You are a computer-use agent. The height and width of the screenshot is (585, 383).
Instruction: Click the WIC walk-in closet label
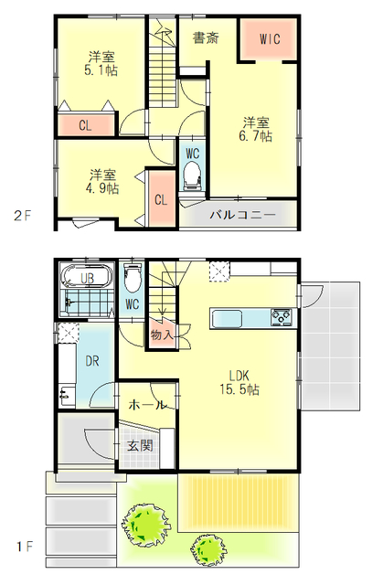pos(270,38)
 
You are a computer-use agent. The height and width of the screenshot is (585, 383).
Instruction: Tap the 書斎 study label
pos(206,37)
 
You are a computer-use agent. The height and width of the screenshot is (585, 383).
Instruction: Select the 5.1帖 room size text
pos(101,70)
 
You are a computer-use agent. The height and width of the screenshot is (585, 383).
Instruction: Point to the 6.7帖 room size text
pos(255,136)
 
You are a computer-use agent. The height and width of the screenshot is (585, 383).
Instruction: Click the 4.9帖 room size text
pos(102,188)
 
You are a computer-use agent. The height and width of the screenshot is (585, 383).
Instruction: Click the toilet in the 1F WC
pos(133,277)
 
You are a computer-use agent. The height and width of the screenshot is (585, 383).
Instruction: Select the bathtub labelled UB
pos(87,276)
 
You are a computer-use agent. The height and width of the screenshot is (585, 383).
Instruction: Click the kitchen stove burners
pos(282,317)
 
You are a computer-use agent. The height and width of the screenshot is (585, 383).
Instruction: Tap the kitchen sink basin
pos(227,319)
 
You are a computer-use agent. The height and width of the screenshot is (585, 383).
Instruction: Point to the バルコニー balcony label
pos(242,215)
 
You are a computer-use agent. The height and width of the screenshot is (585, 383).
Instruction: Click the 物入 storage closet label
pos(162,335)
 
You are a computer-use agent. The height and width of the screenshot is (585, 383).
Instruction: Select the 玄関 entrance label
pos(140,445)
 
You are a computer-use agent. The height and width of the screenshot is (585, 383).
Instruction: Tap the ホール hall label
pos(146,404)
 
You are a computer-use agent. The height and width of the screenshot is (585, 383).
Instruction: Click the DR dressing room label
pos(92,361)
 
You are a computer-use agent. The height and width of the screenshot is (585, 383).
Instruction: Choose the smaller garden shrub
pos(208,550)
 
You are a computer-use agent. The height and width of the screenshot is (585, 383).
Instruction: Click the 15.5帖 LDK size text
pos(239,389)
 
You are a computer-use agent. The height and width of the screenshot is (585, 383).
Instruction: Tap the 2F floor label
pos(22,216)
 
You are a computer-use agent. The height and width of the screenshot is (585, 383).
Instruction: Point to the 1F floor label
pos(25,547)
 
